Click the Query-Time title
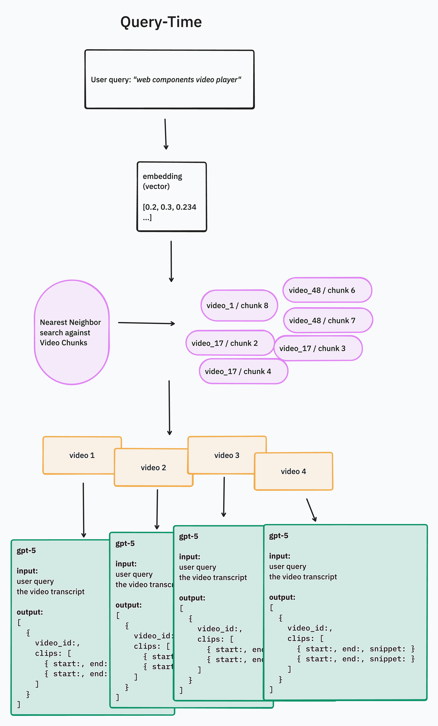point(161,22)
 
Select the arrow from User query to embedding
point(166,134)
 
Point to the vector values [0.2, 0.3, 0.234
point(169,207)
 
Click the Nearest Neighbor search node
point(72,332)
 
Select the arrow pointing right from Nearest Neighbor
point(146,323)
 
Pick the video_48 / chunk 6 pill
point(327,290)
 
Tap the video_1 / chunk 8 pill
point(239,306)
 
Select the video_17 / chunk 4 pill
point(243,371)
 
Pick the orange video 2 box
point(153,468)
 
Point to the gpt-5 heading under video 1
point(26,551)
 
